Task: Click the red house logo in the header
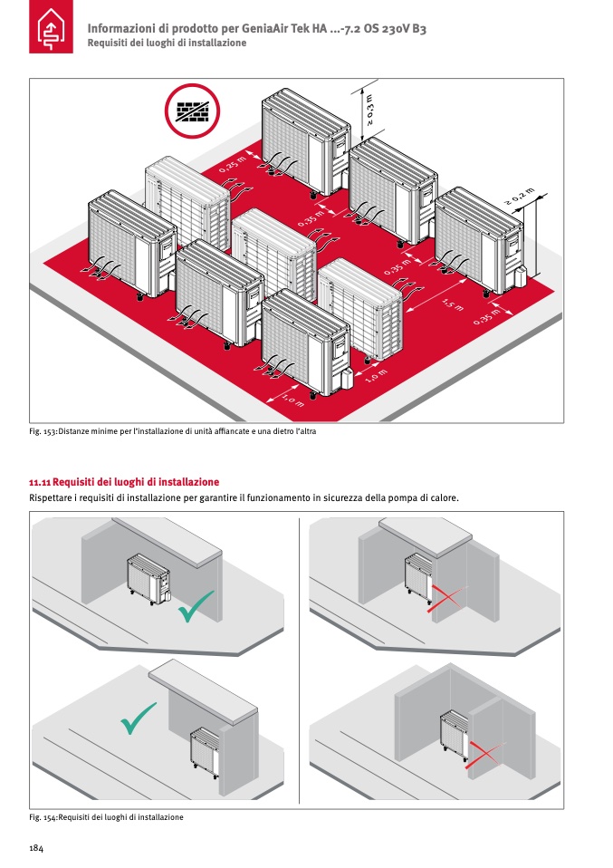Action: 51,26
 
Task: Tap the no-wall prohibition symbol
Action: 192,111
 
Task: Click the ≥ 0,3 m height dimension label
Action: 369,109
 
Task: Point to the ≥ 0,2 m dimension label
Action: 520,198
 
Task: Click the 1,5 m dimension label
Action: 453,304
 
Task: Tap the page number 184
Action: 36,848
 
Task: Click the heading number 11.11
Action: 40,482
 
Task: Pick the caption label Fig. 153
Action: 43,431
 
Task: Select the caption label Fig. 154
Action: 43,817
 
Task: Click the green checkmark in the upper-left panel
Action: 196,606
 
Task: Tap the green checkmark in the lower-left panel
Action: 139,719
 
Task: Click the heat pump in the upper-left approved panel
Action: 148,578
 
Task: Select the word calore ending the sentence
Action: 445,498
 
